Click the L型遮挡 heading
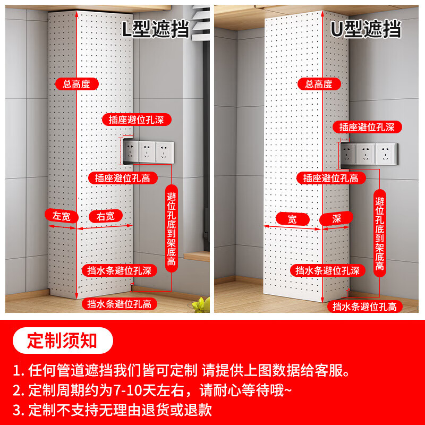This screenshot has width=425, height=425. click(155, 29)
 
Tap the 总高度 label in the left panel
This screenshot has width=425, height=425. click(76, 83)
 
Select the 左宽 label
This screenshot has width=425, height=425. click(62, 216)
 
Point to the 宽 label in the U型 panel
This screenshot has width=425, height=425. click(292, 218)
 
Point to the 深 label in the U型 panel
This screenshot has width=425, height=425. click(336, 218)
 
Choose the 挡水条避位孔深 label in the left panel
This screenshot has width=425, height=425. click(120, 270)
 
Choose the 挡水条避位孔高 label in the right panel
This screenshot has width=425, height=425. click(364, 306)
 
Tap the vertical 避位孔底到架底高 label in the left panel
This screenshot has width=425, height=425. click(172, 228)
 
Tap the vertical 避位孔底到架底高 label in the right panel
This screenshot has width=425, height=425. click(379, 229)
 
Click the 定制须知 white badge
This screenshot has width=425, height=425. click(63, 341)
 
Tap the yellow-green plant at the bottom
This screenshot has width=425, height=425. click(199, 305)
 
